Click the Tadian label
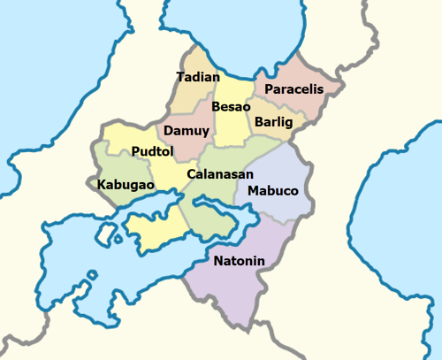(x=198, y=78)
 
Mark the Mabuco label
(x=273, y=191)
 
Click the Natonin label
(x=240, y=261)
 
